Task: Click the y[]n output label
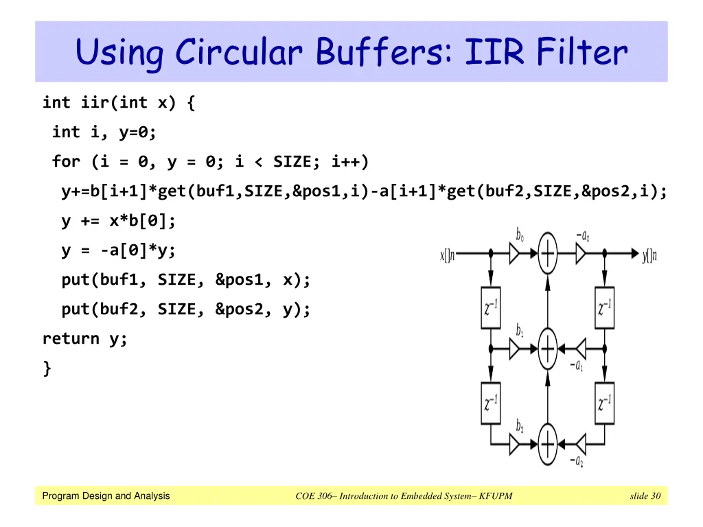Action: [x=649, y=256]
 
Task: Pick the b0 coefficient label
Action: [x=520, y=235]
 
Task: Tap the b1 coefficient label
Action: [x=520, y=330]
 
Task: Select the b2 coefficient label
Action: [x=520, y=426]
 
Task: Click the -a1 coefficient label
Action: [x=577, y=366]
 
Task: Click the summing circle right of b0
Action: [x=548, y=255]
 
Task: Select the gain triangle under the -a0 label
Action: [x=581, y=255]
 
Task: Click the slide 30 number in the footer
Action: [x=645, y=496]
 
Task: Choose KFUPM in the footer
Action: [x=496, y=496]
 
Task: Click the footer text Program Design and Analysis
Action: [x=106, y=496]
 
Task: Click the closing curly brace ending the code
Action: [x=47, y=368]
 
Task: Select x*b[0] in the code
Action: [x=138, y=221]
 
